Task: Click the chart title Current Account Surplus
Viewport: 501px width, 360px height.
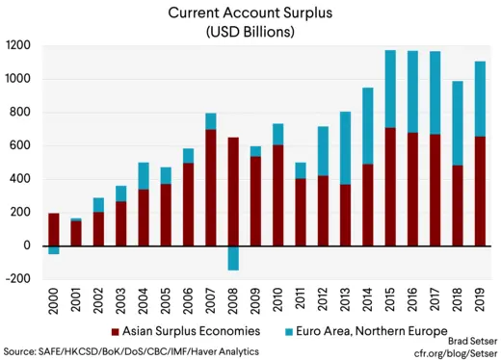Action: [x=250, y=13]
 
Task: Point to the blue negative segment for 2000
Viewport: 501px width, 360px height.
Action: [x=53, y=249]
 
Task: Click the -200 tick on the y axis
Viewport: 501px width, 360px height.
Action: [x=16, y=279]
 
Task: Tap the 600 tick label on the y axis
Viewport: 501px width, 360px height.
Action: [x=20, y=145]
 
